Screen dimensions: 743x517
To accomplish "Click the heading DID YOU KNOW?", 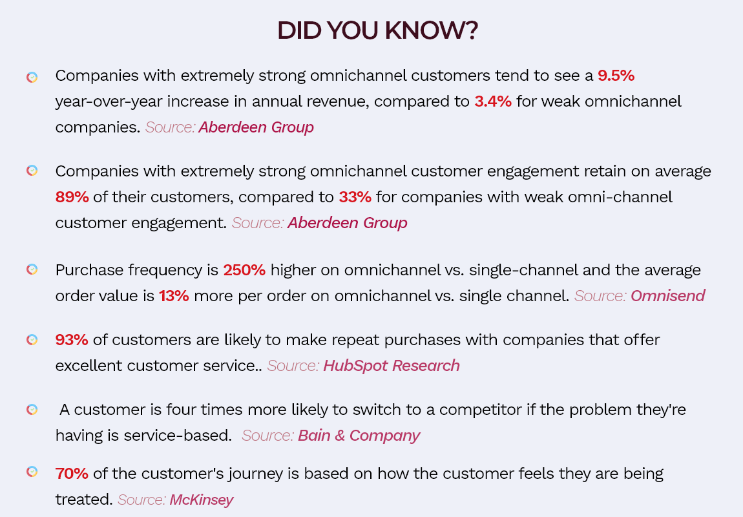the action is (x=378, y=30).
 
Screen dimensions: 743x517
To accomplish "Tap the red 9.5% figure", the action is (x=616, y=76).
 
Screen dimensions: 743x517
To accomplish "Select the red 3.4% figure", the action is (x=493, y=101).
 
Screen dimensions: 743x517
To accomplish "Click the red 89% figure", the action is (x=72, y=196).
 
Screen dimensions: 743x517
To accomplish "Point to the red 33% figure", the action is (x=355, y=196).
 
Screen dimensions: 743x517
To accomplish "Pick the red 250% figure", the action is (x=244, y=269).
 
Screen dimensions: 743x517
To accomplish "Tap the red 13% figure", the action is (x=174, y=296).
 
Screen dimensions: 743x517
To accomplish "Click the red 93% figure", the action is (x=72, y=340).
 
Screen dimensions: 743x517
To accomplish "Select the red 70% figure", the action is (x=72, y=474).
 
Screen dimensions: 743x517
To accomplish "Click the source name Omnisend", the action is (x=667, y=296).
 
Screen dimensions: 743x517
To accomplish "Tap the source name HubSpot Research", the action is (x=392, y=366).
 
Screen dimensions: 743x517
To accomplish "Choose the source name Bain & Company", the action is (x=359, y=436).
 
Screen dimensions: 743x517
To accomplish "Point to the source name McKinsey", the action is (x=202, y=500).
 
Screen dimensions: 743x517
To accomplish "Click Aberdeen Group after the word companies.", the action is (x=256, y=127).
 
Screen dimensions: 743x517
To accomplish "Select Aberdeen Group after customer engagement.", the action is (x=348, y=223).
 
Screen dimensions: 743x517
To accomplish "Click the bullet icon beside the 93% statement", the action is (x=32, y=340).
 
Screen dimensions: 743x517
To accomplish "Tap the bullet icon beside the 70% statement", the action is (x=32, y=472).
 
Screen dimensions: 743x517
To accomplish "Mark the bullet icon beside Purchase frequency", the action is (x=32, y=269).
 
